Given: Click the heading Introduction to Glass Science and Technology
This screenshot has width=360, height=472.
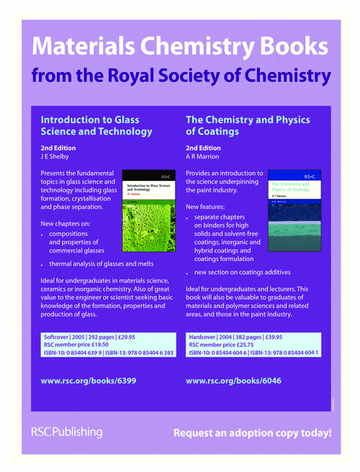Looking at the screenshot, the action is coord(96,125).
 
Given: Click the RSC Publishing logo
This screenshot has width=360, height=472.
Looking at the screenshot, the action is coord(66,432).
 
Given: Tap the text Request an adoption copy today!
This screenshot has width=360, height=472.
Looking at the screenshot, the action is coord(253,433).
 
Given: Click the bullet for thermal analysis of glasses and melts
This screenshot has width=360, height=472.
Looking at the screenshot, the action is coord(42,266).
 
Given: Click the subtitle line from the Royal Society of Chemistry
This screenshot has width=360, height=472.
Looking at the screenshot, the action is coord(180,76).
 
